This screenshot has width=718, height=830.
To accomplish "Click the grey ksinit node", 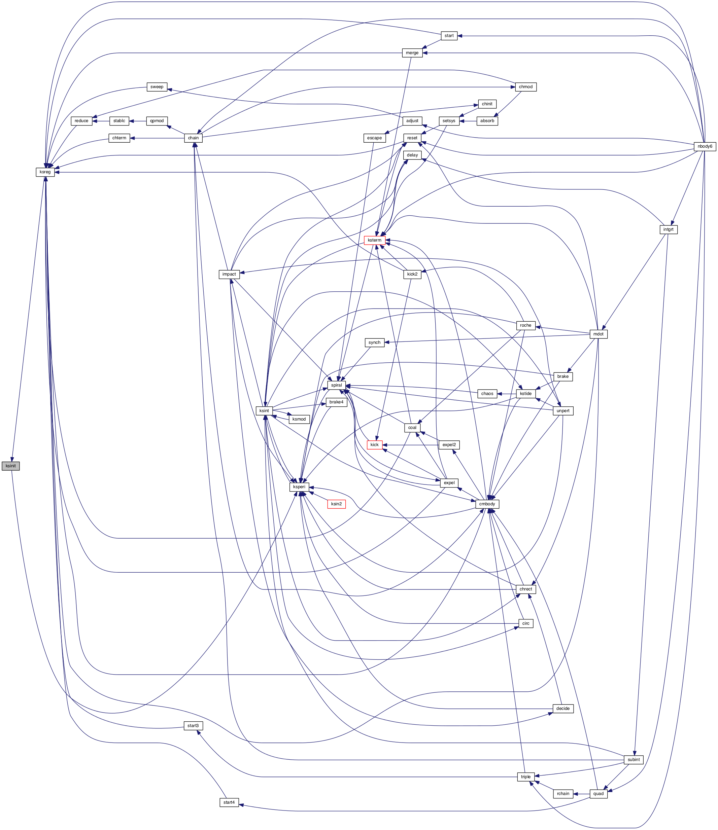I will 10,466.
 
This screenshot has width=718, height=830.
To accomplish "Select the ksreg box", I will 45,172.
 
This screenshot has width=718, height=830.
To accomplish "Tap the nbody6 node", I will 705,146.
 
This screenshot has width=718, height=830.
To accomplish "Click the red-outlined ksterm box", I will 374,240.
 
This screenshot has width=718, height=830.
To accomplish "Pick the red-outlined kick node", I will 374,445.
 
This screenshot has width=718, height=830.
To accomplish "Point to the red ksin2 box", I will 336,504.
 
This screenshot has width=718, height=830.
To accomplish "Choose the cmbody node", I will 487,504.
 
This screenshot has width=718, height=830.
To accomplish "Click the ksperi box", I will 299,487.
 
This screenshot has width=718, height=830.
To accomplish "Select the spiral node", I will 336,385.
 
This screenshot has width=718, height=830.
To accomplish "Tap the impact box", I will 229,274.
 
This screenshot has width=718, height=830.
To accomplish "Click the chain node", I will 193,138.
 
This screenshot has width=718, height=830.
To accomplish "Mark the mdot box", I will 598,334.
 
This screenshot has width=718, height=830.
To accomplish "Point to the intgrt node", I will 668,229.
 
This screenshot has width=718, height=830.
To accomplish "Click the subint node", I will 634,759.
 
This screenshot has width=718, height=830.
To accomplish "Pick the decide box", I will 562,708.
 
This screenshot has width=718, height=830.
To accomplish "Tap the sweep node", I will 157,86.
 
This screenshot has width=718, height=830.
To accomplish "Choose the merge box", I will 412,52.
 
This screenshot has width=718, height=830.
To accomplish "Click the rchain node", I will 562,794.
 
